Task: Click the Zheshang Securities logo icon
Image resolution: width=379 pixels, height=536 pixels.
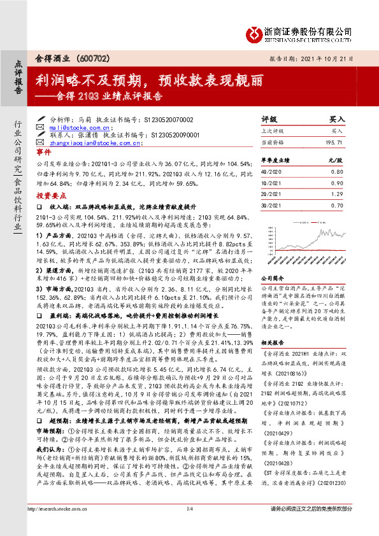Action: (254, 32)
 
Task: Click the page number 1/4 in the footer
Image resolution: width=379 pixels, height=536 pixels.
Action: (189, 526)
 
